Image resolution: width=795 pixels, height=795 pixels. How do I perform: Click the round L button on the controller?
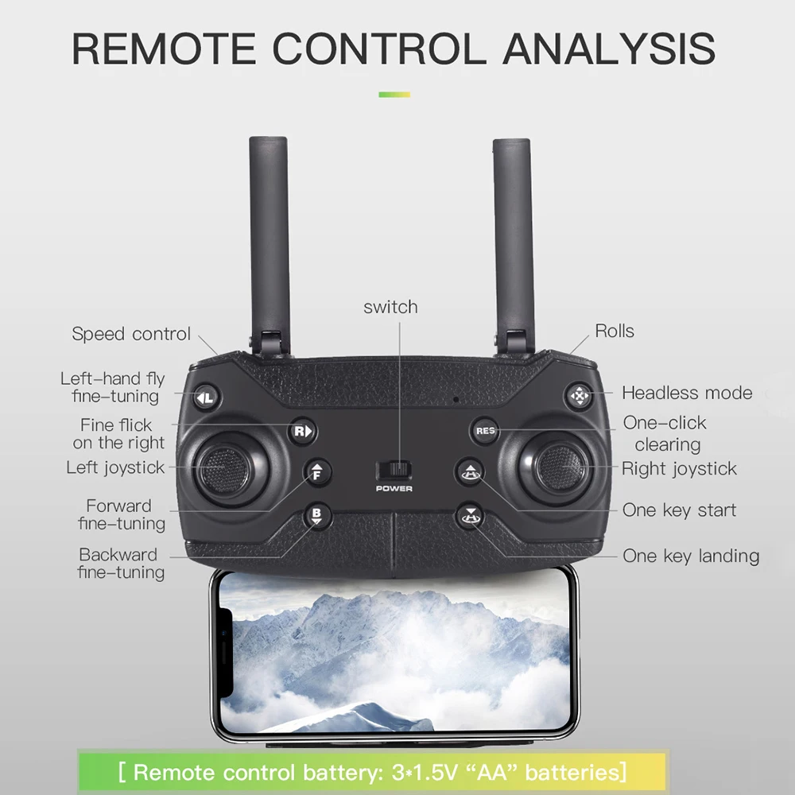pos(207,396)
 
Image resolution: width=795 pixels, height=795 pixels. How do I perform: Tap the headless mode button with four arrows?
pos(580,395)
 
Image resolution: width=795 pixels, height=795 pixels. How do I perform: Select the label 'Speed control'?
pos(131,334)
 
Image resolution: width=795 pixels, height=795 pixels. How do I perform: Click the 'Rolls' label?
pos(615,331)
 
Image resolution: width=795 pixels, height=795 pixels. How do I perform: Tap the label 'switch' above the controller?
pos(390,307)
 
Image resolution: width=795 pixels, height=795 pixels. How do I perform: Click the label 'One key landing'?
pos(690,556)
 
